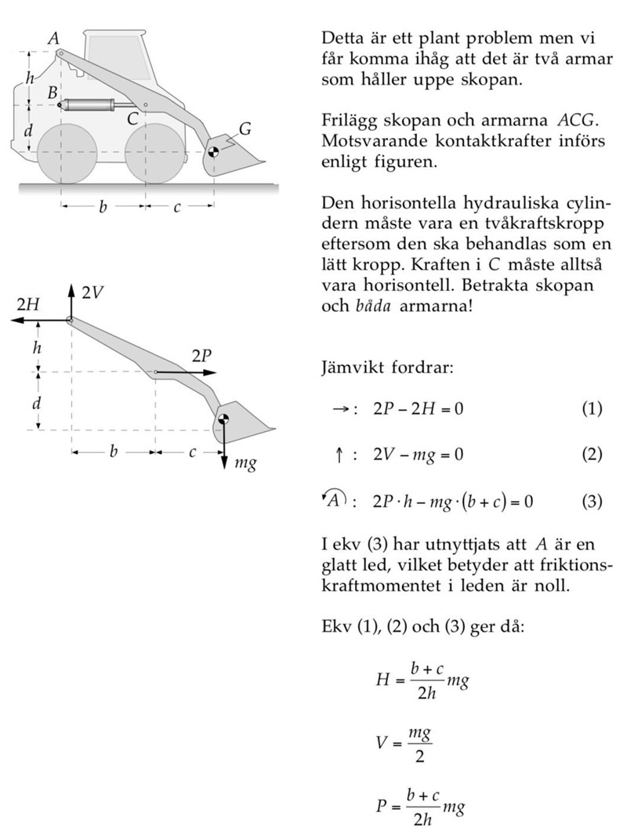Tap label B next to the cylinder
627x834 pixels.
coord(53,92)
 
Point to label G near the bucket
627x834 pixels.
coord(245,128)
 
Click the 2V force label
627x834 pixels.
coord(92,293)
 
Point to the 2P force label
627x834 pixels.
coord(201,356)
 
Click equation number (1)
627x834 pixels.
coord(592,408)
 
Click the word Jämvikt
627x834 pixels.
coord(350,367)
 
